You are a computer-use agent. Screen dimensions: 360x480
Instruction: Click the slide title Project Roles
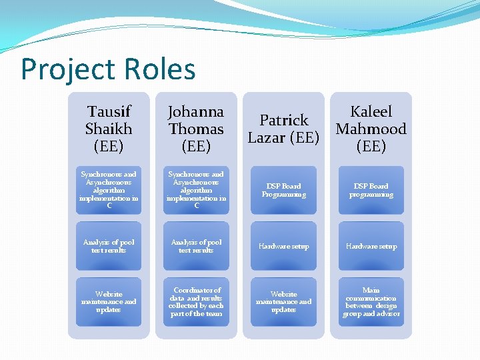point(108,69)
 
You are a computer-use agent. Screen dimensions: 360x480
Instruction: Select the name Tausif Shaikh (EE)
point(109,129)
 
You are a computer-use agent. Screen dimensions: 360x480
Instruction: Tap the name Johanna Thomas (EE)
point(196,129)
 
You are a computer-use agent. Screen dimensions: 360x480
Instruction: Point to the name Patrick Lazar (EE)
point(283,129)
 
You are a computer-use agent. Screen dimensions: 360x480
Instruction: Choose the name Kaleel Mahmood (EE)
point(371,129)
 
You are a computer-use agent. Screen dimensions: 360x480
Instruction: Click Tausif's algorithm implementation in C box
point(109,190)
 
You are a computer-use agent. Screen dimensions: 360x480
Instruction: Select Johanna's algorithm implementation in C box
point(196,190)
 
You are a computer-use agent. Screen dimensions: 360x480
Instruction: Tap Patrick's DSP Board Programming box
point(283,190)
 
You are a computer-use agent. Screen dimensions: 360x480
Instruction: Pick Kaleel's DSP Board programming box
point(371,190)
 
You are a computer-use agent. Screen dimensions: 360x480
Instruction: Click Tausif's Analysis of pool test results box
point(109,246)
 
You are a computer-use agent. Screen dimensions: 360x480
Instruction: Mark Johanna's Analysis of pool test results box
point(196,246)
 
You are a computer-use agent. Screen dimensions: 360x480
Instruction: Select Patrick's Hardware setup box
point(283,246)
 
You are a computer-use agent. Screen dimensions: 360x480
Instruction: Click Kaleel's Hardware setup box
point(371,246)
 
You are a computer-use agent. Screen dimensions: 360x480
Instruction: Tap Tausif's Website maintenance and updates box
point(109,302)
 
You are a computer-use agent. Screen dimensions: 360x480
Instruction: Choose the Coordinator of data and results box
point(196,302)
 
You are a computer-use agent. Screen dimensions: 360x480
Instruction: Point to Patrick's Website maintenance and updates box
point(283,302)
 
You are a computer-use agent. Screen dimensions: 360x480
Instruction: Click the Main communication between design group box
point(371,302)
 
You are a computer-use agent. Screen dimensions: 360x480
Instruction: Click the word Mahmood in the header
point(371,129)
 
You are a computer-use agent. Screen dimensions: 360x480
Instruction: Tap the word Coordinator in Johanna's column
point(197,290)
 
